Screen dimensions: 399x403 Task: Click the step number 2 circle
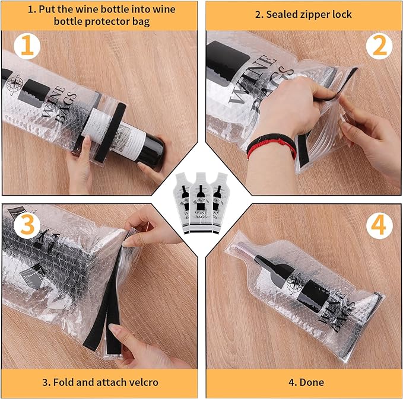[x=379, y=46]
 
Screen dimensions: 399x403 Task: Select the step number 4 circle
[x=379, y=226]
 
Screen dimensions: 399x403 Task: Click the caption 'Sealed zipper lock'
[x=303, y=14]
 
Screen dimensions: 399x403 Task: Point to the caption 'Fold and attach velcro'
[x=100, y=382]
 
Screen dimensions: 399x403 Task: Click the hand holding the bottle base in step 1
[x=151, y=166]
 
